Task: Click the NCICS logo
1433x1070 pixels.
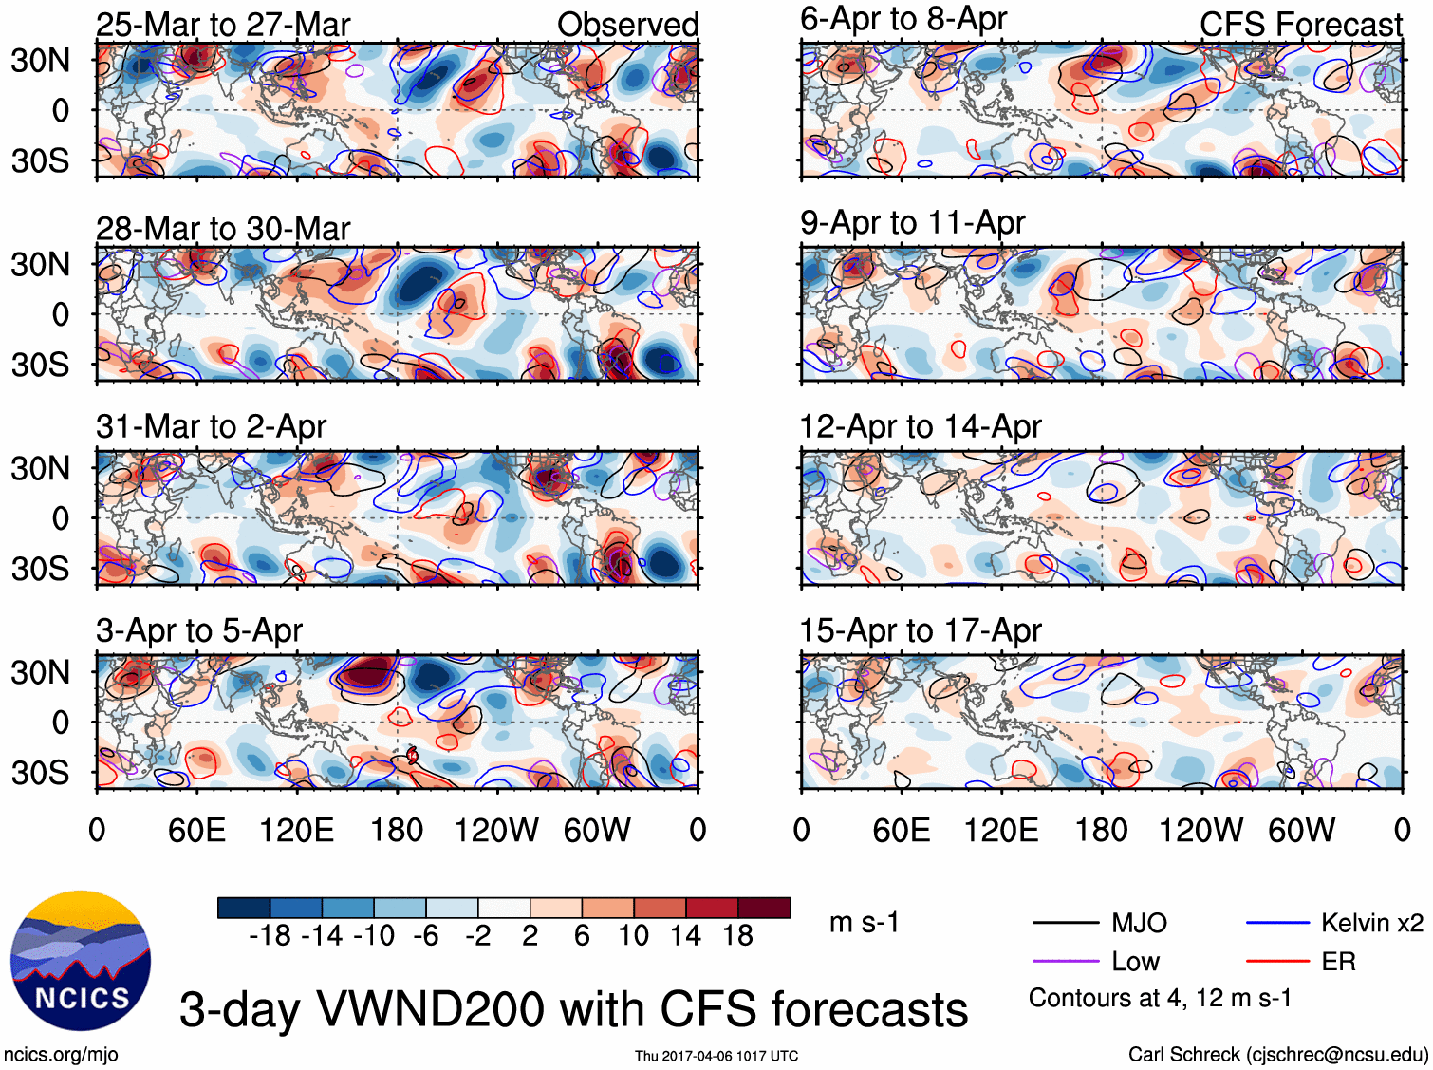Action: pyautogui.click(x=81, y=960)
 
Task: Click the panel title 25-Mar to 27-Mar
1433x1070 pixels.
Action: pyautogui.click(x=223, y=25)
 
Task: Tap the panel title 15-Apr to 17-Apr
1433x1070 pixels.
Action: pyautogui.click(x=921, y=630)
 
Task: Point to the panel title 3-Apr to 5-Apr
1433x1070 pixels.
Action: pyautogui.click(x=199, y=630)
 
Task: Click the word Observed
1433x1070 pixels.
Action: pyautogui.click(x=627, y=25)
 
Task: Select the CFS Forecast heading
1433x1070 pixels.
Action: pyautogui.click(x=1300, y=25)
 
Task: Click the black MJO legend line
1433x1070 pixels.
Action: pyautogui.click(x=1065, y=923)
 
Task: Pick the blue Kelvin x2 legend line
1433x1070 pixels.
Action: pyautogui.click(x=1277, y=923)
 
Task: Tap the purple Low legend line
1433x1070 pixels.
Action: pyautogui.click(x=1065, y=962)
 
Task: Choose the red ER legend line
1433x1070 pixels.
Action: pyautogui.click(x=1277, y=962)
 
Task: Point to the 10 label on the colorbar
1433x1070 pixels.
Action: pyautogui.click(x=634, y=936)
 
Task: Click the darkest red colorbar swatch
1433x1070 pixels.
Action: pyautogui.click(x=764, y=908)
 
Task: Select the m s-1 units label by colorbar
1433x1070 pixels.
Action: pyautogui.click(x=864, y=923)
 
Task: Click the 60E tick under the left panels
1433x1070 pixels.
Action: pyautogui.click(x=196, y=831)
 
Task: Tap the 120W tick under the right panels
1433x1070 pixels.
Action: pyautogui.click(x=1200, y=831)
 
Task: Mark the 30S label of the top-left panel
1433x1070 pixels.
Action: pyautogui.click(x=40, y=160)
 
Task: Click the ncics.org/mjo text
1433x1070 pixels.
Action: pyautogui.click(x=61, y=1054)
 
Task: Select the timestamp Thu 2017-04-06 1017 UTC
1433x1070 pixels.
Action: pyautogui.click(x=716, y=1056)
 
